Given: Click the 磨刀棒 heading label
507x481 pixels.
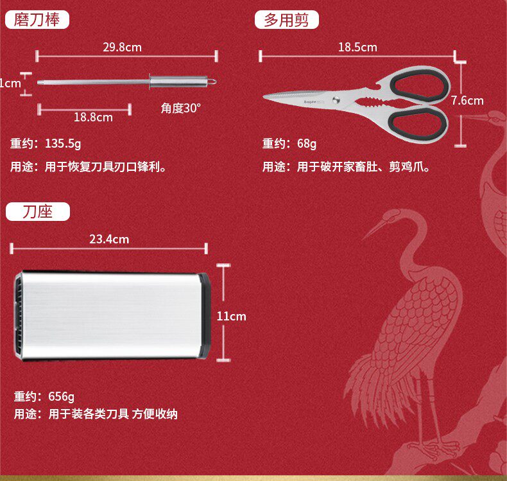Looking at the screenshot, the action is pos(37,20).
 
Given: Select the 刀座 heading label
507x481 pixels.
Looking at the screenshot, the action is pos(37,212).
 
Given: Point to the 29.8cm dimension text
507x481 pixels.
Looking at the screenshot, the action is pos(122,47).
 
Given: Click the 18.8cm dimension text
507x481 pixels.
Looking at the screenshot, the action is pos(93,117).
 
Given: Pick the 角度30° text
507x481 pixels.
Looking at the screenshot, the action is pos(181,108).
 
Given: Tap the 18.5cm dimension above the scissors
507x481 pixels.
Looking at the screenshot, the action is pos(357,47).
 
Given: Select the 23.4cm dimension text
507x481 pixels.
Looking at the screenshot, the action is pos(109,240).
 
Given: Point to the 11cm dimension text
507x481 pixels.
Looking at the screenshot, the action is pos(231,316).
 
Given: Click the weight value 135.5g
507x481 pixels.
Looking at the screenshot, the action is pos(63,143).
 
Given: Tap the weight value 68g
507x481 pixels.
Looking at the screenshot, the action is pos(307,143).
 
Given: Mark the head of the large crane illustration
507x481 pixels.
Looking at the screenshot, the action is pos(411,217).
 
